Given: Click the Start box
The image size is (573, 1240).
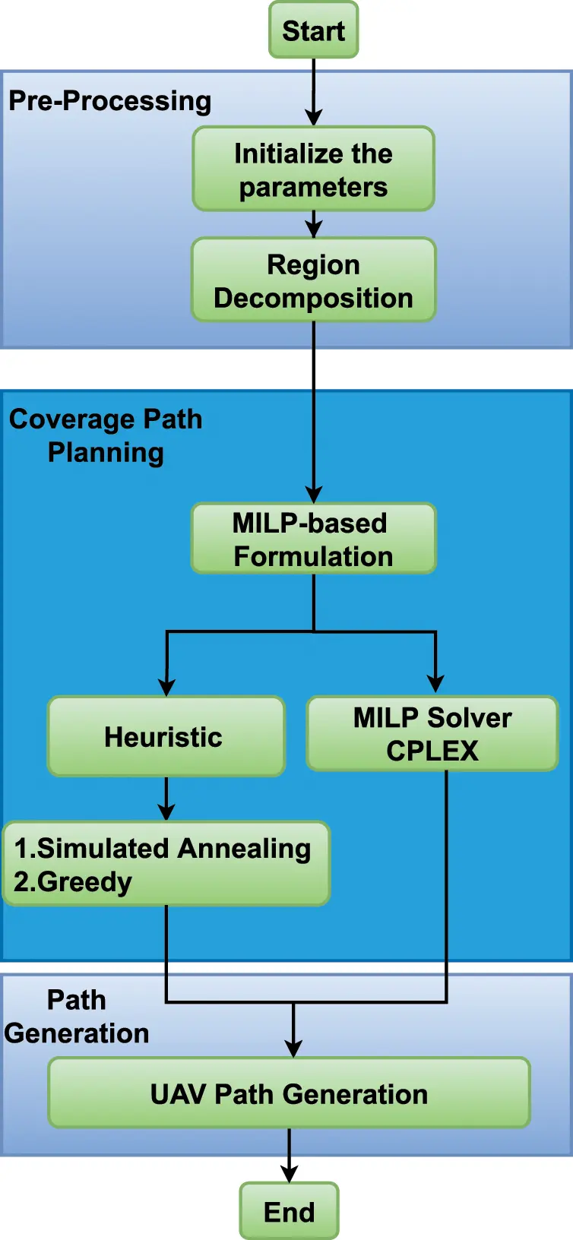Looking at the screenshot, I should [x=313, y=30].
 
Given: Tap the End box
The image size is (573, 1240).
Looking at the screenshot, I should [x=289, y=1211].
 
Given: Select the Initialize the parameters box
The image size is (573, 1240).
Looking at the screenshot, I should [x=313, y=169].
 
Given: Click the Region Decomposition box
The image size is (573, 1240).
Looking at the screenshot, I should [x=313, y=280].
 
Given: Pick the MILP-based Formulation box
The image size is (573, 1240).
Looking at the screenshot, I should [x=313, y=539].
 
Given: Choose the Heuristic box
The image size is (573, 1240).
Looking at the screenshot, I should [x=166, y=736].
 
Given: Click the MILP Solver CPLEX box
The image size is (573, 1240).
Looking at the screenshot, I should [x=432, y=733].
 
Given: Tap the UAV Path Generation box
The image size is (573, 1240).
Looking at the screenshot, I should [x=289, y=1093].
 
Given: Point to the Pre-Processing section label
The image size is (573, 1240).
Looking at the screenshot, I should [x=109, y=100].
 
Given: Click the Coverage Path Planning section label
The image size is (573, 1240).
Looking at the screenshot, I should [x=106, y=435].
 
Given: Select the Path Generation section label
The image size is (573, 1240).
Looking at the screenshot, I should [x=76, y=1017].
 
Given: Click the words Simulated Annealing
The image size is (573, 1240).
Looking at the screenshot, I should [x=173, y=848].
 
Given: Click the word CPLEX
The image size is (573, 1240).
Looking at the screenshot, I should [x=432, y=751].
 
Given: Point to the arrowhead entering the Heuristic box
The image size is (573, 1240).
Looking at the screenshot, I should [x=166, y=687].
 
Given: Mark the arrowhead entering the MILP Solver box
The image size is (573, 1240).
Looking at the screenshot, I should [x=435, y=684].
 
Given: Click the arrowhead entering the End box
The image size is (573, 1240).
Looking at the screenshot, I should [x=289, y=1174].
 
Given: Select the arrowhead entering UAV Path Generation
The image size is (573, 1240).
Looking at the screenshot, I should [x=293, y=1049].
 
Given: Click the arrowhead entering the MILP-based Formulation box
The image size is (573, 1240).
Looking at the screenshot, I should [x=313, y=494].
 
